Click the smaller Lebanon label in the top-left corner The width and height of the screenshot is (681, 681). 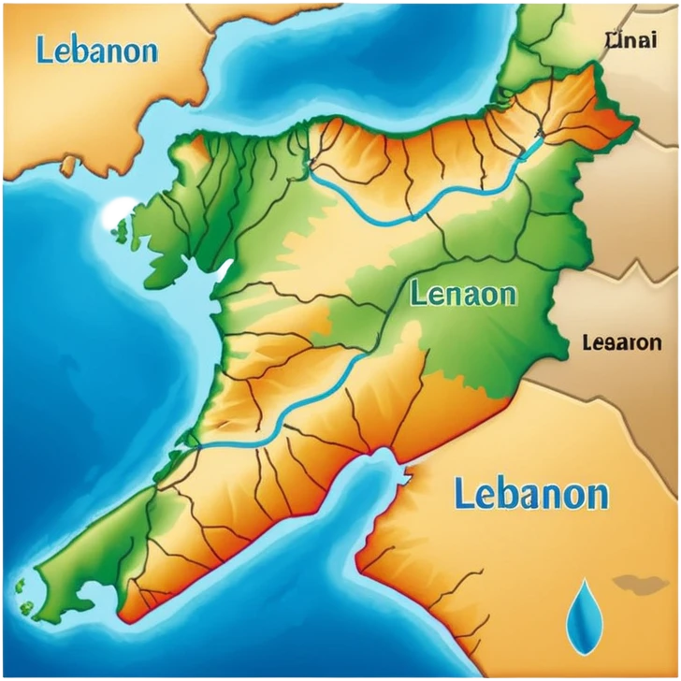point(96,50)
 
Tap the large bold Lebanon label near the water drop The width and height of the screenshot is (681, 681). point(530,493)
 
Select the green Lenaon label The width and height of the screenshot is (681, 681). point(462,295)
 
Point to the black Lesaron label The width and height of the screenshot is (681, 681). point(621,342)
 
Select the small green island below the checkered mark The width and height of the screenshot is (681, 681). point(122,229)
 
